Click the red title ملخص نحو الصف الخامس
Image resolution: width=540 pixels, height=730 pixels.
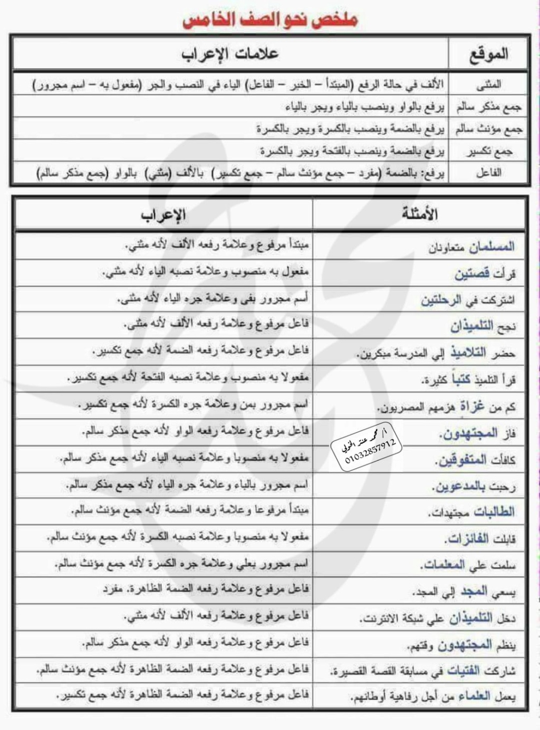(270, 19)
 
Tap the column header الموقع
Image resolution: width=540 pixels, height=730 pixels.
(489, 54)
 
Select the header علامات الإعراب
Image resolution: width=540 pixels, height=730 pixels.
(230, 54)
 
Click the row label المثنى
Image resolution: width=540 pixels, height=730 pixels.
(489, 84)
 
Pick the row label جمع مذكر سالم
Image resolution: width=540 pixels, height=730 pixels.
(489, 107)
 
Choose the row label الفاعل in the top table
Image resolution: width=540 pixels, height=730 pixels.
(489, 173)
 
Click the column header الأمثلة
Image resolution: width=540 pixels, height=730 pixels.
(420, 214)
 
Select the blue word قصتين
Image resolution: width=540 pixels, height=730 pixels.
(472, 274)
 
